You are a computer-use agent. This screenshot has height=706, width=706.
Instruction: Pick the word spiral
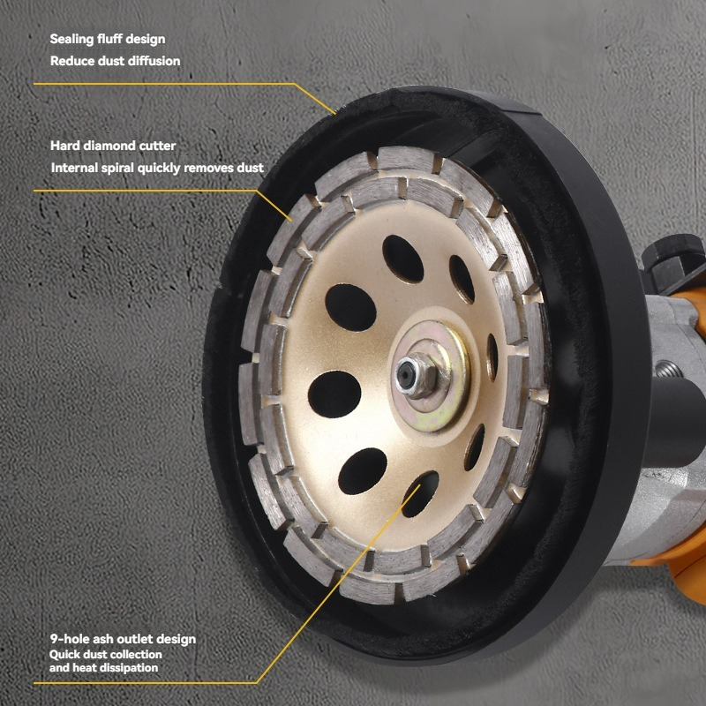pos(117,169)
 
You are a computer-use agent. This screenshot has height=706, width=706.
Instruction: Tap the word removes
pos(209,168)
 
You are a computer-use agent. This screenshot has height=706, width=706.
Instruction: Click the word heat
pos(84,668)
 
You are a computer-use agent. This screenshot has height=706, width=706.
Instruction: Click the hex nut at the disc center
pos(417,375)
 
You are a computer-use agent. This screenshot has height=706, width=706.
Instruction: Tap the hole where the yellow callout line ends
pos(420,494)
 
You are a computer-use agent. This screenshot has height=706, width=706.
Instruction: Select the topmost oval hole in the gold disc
pos(403,259)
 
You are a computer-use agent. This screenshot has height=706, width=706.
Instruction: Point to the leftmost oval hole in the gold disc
pos(334,394)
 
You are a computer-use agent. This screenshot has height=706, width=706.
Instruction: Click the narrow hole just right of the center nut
pos(492,357)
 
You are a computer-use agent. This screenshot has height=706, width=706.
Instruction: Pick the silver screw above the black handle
pos(668,369)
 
